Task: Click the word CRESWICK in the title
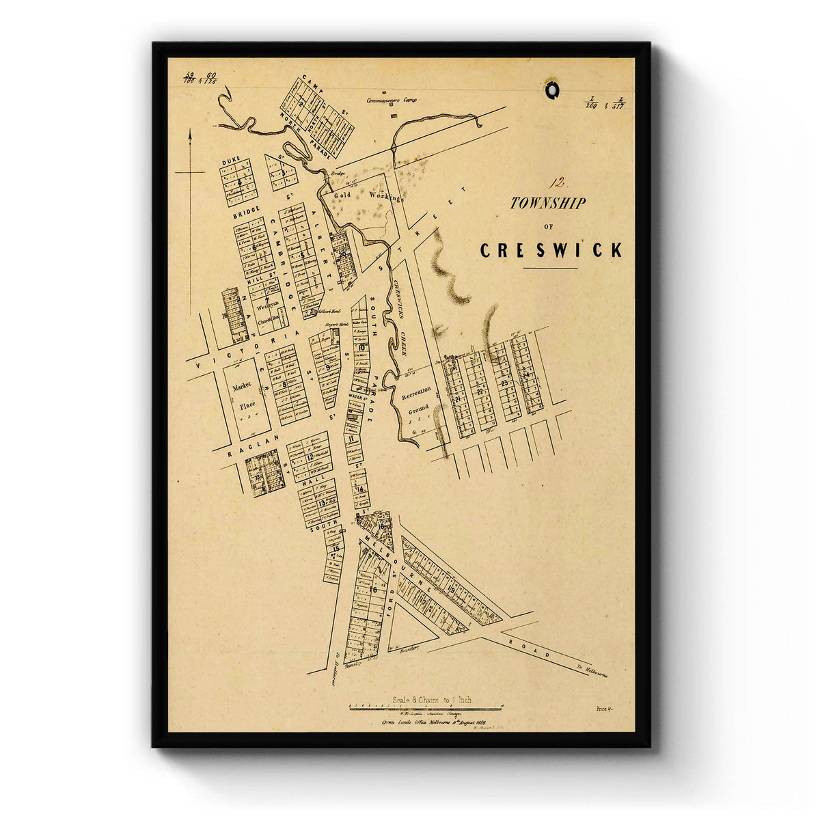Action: (551, 251)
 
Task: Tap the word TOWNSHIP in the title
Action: (547, 203)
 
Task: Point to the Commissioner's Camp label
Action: (391, 100)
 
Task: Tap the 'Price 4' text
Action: (604, 710)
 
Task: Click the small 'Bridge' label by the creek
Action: (338, 174)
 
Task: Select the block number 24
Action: (525, 375)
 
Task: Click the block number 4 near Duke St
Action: (240, 182)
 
